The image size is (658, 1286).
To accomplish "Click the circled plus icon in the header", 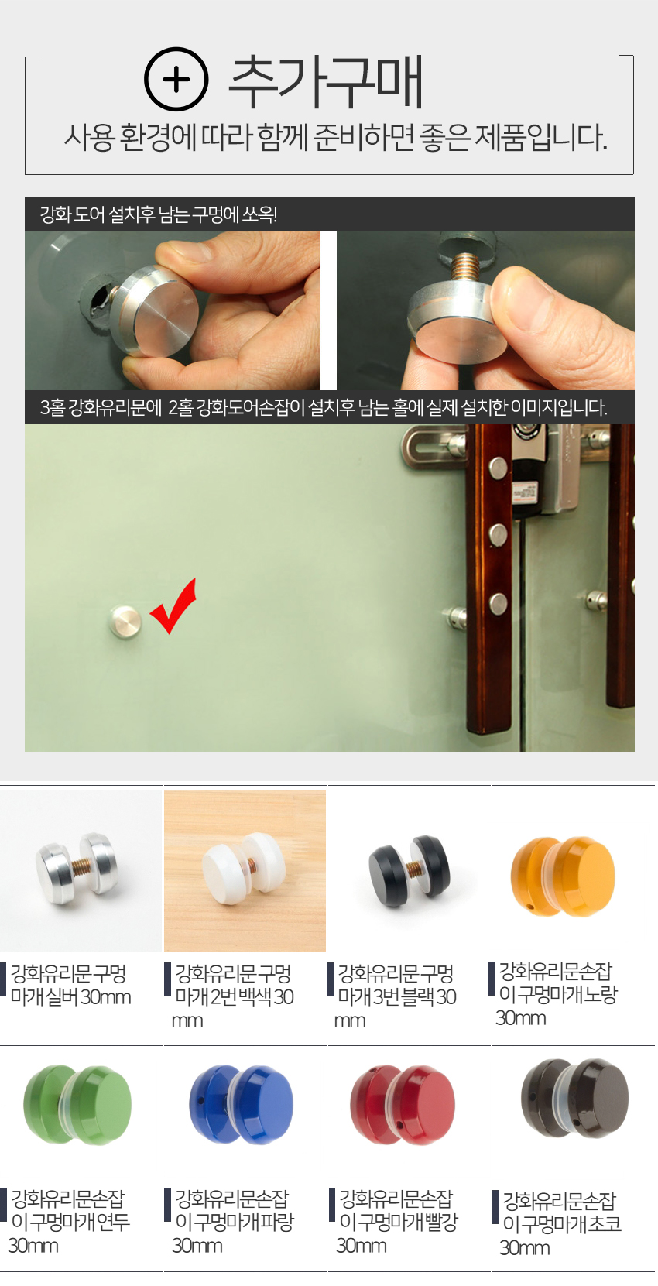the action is [x=176, y=79].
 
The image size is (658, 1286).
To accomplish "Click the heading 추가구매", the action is [x=326, y=81].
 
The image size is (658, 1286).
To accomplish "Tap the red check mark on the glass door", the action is [x=173, y=605].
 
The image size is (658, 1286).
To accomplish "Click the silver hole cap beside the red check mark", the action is [x=125, y=621].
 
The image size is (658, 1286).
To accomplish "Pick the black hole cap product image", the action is [x=409, y=870].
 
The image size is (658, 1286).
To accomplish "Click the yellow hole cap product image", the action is [x=563, y=876].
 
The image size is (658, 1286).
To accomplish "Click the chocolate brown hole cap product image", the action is [x=574, y=1099].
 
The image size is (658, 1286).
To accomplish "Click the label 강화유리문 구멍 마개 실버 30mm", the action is [x=70, y=985].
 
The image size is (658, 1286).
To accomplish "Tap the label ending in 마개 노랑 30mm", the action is [x=557, y=994].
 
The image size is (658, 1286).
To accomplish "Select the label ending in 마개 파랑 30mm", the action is [x=232, y=1222].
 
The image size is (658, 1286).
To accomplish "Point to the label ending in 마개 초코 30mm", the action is [x=560, y=1224].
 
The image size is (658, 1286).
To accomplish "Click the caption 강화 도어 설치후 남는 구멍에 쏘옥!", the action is [x=159, y=214].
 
